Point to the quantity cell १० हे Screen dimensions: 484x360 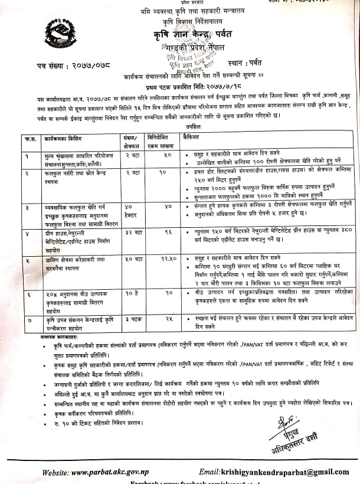(x=132, y=293)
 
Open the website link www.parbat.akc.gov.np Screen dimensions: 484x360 (x=103, y=472)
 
